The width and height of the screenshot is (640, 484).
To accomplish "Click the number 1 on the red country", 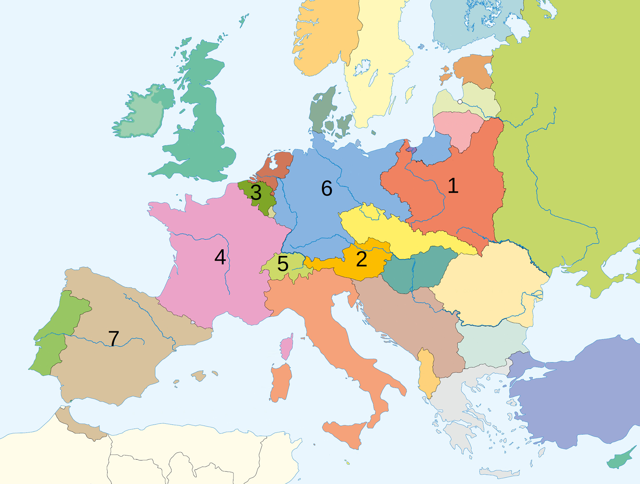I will click(453, 186).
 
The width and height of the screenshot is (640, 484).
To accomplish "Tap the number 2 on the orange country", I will click(361, 259).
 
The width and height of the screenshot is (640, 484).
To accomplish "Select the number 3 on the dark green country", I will click(256, 193).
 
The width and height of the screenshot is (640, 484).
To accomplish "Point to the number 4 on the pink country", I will click(220, 257).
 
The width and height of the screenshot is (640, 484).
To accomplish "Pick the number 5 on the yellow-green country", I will click(283, 264).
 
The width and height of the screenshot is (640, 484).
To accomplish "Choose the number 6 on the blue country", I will click(327, 188).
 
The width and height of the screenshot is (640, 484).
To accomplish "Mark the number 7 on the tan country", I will click(114, 339).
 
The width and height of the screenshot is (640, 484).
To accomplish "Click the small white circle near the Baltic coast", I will click(460, 102).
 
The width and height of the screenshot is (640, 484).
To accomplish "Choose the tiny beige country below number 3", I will click(272, 212).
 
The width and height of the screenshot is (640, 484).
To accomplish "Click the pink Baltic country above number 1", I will click(458, 128).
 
